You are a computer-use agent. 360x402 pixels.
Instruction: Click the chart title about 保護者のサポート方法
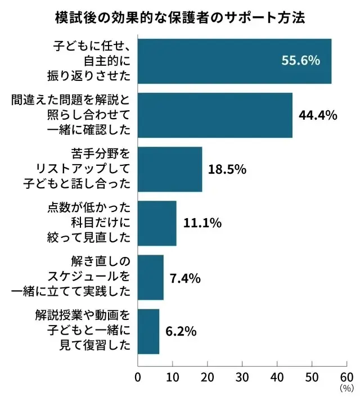tap(180, 17)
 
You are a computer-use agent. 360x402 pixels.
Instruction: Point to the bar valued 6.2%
tap(148, 331)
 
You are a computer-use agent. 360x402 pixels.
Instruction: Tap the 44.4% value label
tap(318, 116)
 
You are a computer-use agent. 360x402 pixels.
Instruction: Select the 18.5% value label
tap(227, 170)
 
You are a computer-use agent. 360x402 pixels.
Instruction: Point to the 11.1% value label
tap(202, 223)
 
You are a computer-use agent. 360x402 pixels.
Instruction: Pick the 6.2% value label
tap(181, 332)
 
